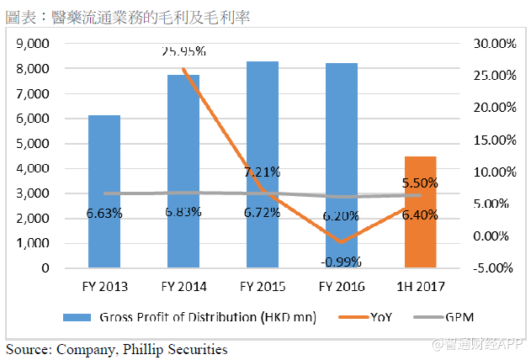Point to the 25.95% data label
[184, 51]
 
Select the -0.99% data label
[342, 261]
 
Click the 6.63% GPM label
[104, 213]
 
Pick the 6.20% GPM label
[342, 215]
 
